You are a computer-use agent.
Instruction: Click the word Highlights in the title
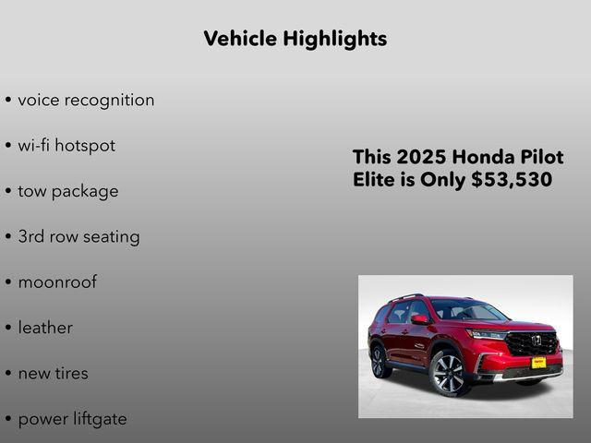[335, 39]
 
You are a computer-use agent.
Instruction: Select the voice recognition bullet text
[86, 100]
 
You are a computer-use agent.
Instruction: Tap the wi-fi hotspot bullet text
[66, 145]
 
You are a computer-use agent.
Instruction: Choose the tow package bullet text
[68, 191]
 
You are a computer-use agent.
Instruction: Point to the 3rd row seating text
[78, 236]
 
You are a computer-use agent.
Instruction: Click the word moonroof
[57, 281]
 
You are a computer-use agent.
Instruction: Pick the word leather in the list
[45, 328]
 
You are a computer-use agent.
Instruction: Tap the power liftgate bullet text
[72, 418]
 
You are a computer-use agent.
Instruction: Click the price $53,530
[512, 180]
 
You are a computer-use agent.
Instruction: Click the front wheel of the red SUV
[449, 372]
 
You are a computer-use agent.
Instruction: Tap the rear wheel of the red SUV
[380, 360]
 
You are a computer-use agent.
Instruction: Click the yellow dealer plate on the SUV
[537, 363]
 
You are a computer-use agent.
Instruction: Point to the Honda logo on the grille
[536, 340]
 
